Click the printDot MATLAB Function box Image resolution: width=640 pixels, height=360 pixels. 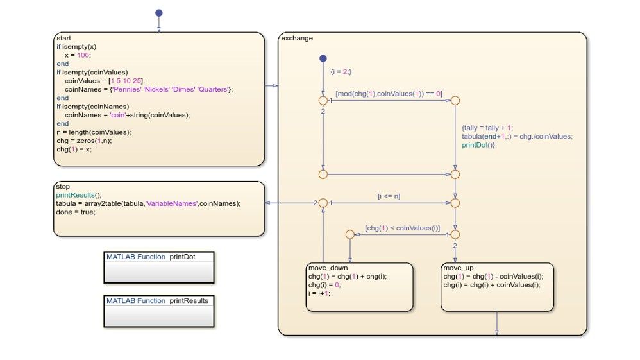[158, 267]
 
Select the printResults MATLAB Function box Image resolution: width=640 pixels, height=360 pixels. [158, 311]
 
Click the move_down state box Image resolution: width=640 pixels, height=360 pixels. [359, 287]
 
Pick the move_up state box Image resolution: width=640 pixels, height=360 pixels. [497, 287]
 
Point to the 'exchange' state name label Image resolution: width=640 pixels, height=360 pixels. [297, 39]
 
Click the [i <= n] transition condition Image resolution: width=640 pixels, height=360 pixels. [388, 196]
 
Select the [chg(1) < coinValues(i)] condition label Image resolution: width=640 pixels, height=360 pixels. [402, 228]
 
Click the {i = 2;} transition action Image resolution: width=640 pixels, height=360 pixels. [341, 72]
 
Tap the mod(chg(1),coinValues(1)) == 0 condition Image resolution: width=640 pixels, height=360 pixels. [389, 94]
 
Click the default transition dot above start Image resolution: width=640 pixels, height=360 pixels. [159, 13]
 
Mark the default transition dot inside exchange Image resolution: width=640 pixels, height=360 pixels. [323, 59]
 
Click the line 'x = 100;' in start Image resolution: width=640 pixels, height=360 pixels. [78, 55]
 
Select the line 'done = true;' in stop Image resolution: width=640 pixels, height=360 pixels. [76, 212]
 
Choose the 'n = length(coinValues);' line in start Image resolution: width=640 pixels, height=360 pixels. [94, 132]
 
